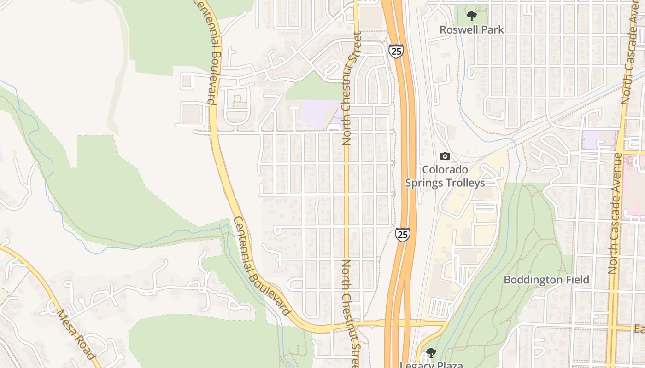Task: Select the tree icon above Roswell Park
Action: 471,17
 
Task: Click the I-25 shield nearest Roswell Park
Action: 396,51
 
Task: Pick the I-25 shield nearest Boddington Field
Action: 402,235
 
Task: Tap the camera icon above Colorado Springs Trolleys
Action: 445,156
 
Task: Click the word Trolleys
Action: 464,183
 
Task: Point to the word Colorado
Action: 445,169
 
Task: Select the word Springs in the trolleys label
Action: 423,183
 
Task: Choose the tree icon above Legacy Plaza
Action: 431,353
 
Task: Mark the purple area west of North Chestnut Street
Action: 320,112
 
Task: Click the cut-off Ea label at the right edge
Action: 639,329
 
